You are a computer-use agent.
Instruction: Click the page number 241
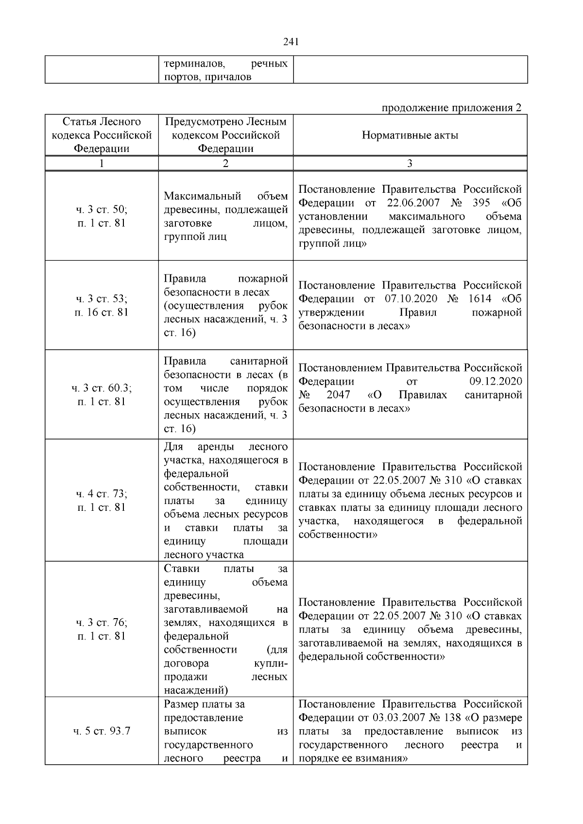(291, 42)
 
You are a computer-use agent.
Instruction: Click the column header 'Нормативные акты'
(410, 135)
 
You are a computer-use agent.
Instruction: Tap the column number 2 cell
(225, 164)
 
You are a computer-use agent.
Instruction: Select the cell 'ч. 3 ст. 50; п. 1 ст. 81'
(102, 217)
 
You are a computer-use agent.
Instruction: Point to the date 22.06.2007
(413, 203)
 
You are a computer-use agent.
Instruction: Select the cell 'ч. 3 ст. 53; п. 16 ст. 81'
(102, 305)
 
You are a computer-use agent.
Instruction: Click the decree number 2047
(338, 395)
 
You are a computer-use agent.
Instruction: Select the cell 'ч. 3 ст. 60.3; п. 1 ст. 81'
(102, 395)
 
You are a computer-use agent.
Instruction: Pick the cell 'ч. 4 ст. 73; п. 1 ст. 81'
(102, 501)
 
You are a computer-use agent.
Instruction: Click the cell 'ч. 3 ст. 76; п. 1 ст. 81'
(102, 629)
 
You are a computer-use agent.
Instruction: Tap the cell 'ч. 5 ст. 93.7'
(102, 731)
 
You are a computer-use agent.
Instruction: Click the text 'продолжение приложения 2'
(451, 107)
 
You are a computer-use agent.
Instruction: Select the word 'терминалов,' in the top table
(194, 64)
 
